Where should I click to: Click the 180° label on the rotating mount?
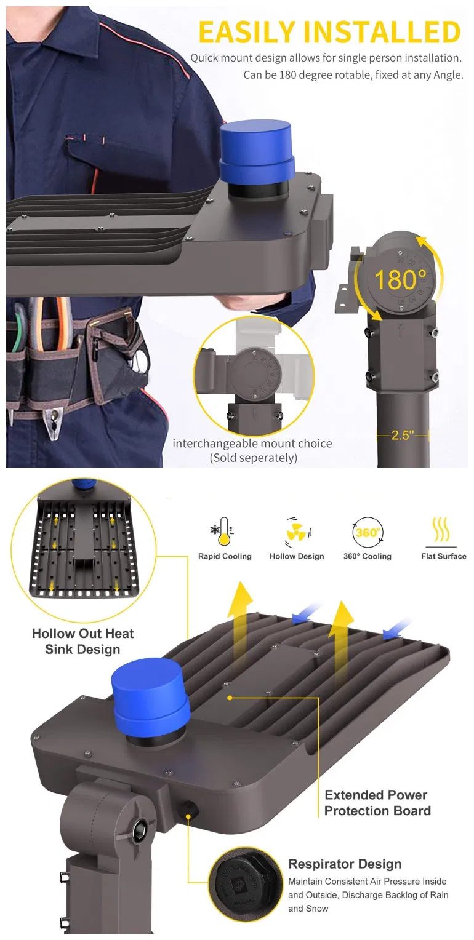(400, 279)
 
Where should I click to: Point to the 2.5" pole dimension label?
(403, 435)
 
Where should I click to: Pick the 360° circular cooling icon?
(368, 532)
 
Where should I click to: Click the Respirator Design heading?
(345, 864)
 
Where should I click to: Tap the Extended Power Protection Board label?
(377, 802)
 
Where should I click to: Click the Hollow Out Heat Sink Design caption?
(82, 641)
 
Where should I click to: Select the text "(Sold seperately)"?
(254, 458)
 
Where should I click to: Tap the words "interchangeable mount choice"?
(252, 443)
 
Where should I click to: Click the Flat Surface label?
(444, 556)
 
